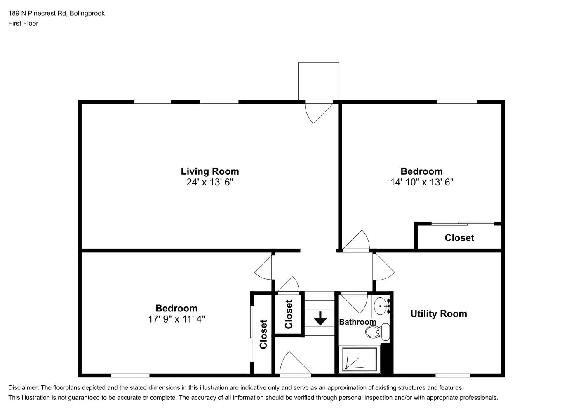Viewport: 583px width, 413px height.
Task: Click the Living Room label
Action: coord(209,171)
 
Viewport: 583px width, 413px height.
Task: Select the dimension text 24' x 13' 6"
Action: coord(209,182)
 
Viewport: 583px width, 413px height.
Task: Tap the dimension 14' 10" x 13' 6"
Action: coord(421,182)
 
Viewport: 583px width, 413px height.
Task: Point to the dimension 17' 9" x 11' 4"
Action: coord(176,319)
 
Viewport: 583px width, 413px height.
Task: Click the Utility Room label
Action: coord(438,313)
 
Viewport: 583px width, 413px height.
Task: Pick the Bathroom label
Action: coord(357,322)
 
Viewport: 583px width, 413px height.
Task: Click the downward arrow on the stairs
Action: coord(320,318)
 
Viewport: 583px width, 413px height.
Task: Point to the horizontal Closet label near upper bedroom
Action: coord(459,238)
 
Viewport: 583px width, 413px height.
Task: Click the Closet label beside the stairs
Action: coord(289,314)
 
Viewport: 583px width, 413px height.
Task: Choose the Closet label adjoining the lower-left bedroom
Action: coord(263,334)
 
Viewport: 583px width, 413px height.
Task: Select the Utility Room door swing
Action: coord(383,268)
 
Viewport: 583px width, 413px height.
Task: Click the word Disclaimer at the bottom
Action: coord(23,387)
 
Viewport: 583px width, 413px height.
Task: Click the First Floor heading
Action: coord(23,23)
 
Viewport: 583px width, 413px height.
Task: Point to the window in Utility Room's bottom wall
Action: coord(452,375)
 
